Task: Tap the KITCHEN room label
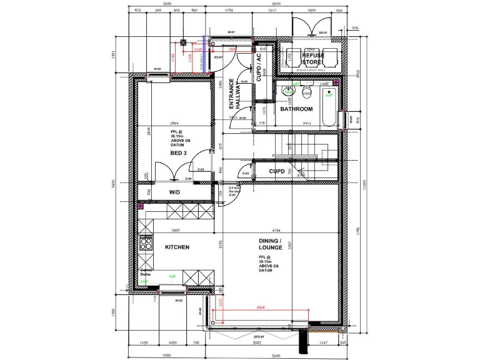[x=177, y=247]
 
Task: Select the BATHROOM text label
[x=296, y=109]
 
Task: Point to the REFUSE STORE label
[x=313, y=59]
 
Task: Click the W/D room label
[x=176, y=192]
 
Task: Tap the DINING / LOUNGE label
[x=271, y=244]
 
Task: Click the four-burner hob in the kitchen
[x=146, y=243]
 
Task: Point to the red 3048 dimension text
[x=261, y=307]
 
